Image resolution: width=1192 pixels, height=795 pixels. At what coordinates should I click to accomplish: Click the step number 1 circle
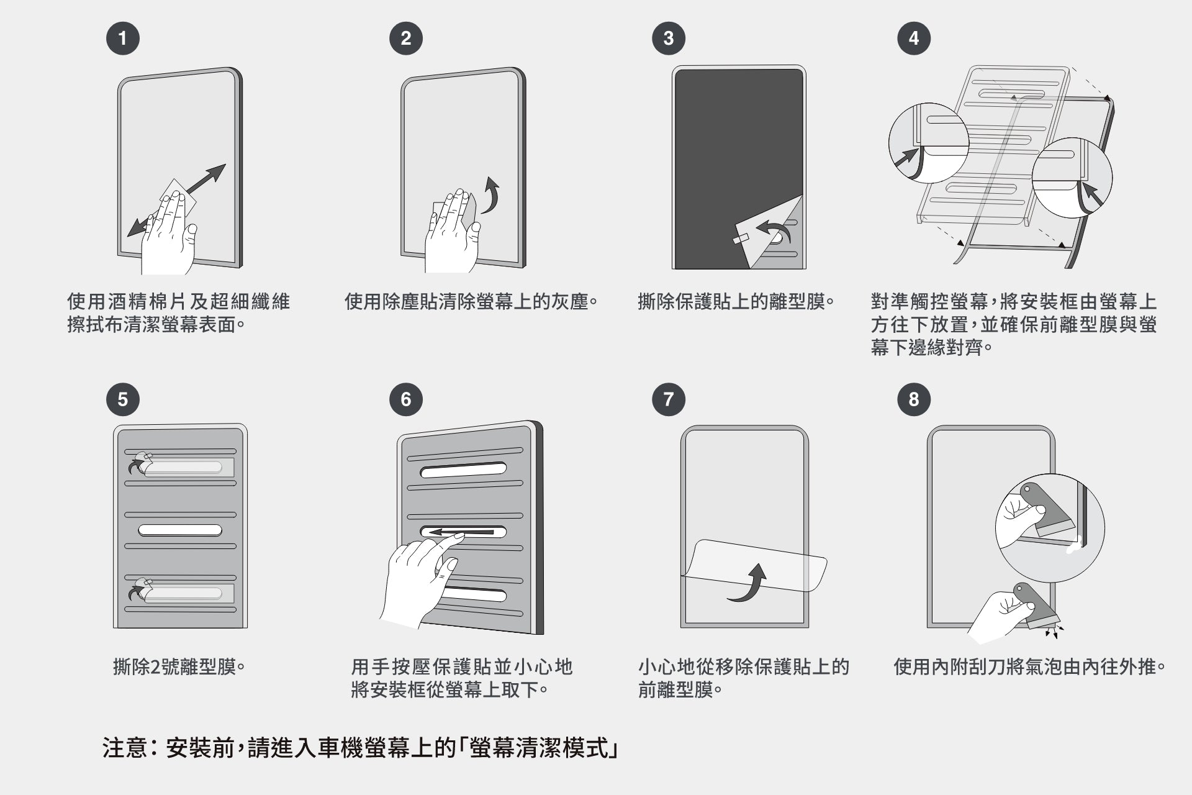click(x=122, y=39)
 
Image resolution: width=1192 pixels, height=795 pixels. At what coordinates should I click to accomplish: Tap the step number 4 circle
click(x=913, y=39)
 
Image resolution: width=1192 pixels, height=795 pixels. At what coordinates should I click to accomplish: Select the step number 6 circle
click(x=405, y=399)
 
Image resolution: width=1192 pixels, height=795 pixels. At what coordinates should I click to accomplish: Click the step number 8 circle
click(x=913, y=399)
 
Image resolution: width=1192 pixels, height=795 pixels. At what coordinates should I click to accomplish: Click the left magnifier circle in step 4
click(x=928, y=143)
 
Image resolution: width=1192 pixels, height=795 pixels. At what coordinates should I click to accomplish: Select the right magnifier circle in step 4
click(x=1072, y=178)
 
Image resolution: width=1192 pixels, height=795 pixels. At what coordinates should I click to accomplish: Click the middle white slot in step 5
click(x=180, y=530)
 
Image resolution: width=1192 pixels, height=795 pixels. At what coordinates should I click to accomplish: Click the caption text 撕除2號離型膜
click(x=179, y=667)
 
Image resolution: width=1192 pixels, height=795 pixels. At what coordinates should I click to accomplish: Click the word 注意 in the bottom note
click(x=124, y=748)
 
